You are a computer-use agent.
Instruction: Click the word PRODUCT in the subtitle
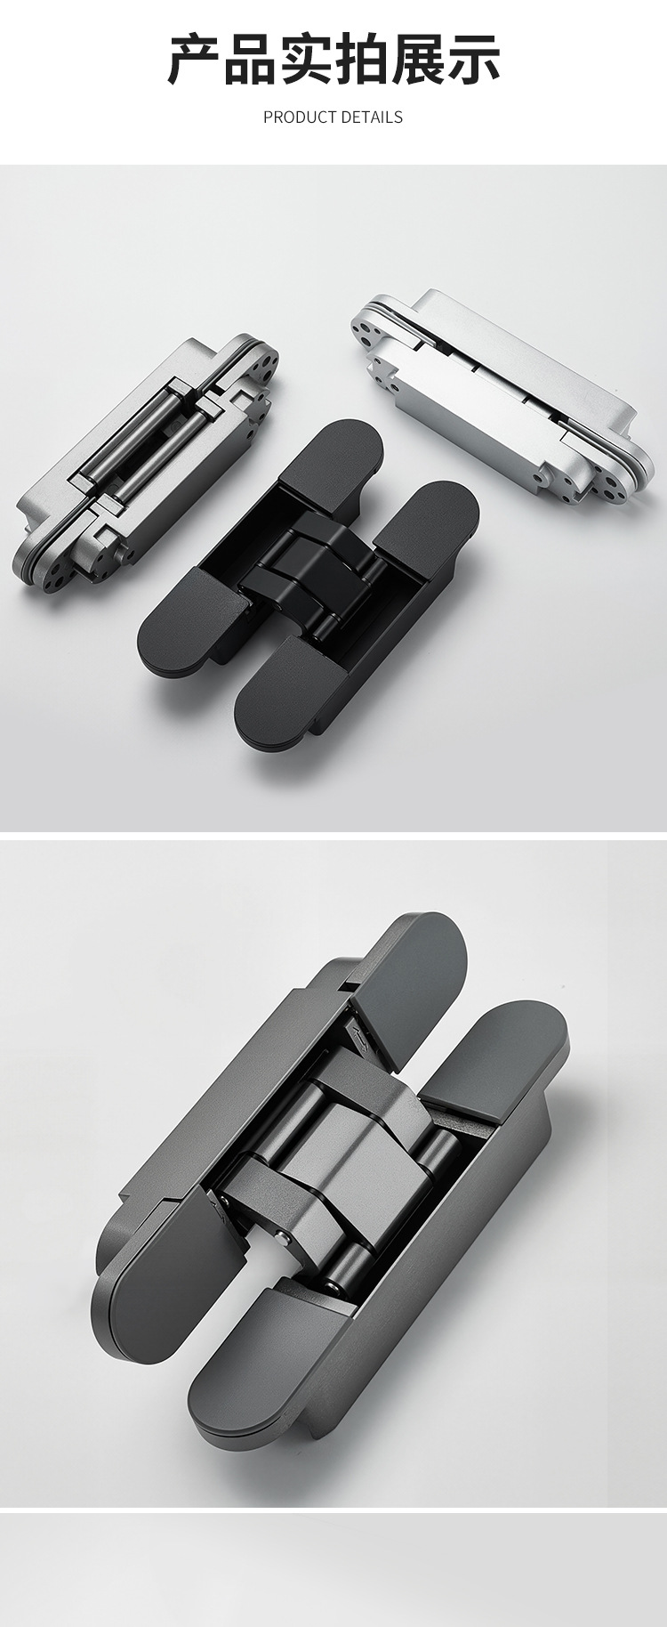click(x=300, y=117)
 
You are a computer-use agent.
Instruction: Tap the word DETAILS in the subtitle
click(x=372, y=117)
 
